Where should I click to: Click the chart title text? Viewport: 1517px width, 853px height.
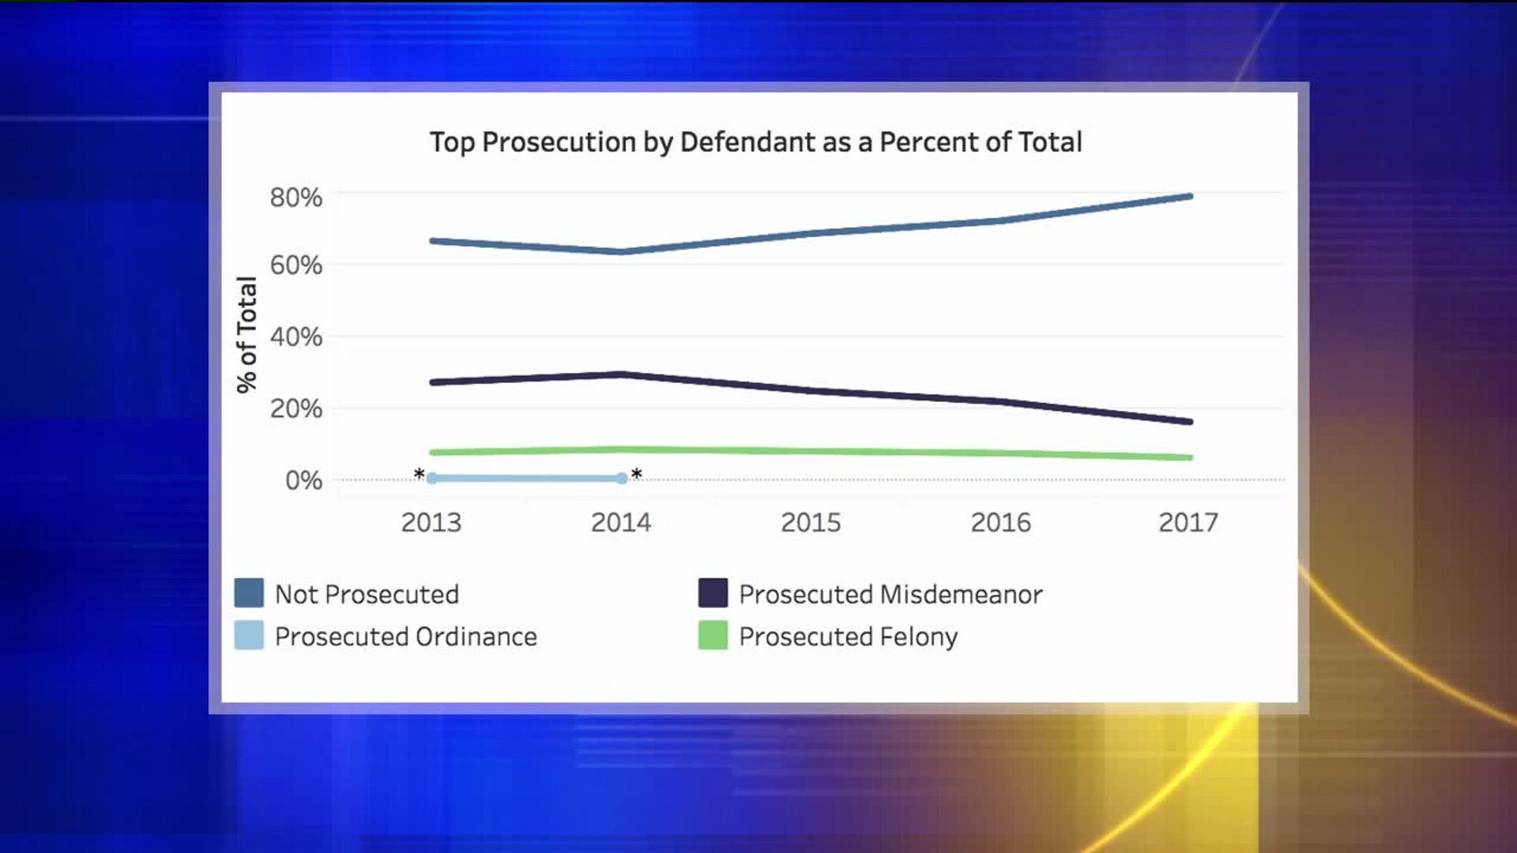(755, 142)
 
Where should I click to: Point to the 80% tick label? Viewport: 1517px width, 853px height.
(296, 197)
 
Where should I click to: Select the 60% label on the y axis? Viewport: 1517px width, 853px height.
(296, 265)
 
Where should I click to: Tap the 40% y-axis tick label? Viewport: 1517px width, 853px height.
(296, 337)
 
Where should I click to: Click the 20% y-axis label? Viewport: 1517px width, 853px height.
(296, 409)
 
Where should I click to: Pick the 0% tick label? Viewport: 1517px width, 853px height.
(303, 480)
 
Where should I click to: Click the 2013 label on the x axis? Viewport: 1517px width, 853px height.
(431, 522)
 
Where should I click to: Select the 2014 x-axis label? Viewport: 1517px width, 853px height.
(621, 522)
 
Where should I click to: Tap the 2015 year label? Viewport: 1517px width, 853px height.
(811, 522)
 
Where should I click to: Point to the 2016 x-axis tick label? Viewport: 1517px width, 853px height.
(1000, 522)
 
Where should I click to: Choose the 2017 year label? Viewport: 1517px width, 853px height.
(1188, 522)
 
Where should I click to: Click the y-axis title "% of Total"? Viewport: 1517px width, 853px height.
(247, 335)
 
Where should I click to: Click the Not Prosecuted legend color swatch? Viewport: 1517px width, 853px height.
(249, 593)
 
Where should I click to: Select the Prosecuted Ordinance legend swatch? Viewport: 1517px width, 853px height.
(249, 636)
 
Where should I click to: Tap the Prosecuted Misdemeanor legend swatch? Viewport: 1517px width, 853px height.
(713, 593)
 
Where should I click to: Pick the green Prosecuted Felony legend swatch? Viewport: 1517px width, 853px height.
(713, 636)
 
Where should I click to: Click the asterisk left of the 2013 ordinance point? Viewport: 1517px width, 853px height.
(419, 475)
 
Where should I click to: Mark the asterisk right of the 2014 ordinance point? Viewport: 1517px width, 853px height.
(637, 475)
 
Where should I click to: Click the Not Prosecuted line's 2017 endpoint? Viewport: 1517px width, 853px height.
(1189, 196)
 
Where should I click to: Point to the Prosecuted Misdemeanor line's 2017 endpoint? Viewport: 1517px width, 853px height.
(1189, 422)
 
